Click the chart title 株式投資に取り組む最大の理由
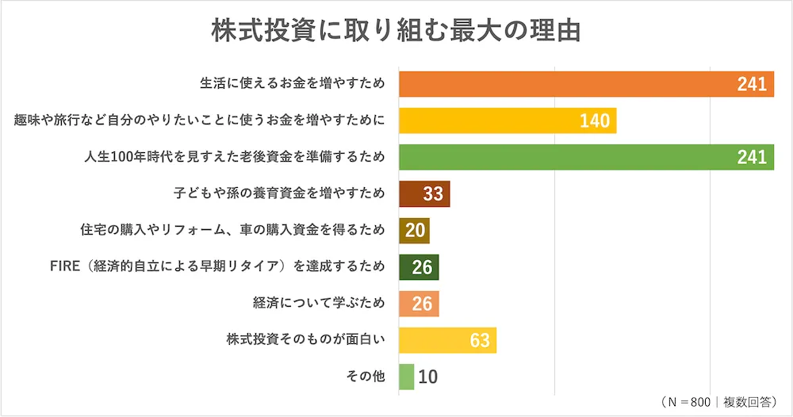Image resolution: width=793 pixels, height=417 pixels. [396, 29]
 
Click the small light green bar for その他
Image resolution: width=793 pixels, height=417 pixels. [406, 377]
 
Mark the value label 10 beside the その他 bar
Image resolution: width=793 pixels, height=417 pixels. [427, 377]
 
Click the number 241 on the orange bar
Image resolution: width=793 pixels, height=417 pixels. [751, 85]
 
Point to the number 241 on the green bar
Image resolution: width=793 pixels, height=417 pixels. [751, 158]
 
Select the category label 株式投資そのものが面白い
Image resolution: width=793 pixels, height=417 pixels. [306, 340]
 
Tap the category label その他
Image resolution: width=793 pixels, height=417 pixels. [366, 377]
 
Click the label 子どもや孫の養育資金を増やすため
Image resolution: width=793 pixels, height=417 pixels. [279, 193]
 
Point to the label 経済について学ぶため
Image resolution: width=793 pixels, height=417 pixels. [319, 304]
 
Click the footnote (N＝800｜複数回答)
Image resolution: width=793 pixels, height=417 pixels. [718, 402]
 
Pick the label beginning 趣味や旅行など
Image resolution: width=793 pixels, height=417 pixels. [200, 121]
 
